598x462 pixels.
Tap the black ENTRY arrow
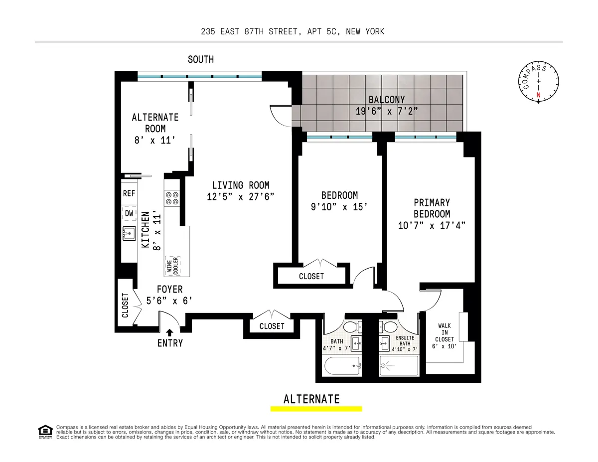coord(170,332)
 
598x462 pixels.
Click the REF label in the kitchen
coord(129,194)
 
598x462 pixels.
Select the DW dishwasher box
coord(129,213)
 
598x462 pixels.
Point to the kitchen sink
coord(130,233)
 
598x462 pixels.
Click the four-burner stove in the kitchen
coord(172,198)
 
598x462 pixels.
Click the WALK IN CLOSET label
coord(445,332)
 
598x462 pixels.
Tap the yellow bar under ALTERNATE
coord(316,409)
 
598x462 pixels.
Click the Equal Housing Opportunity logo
coord(45,432)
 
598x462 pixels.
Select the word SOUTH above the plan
coord(200,60)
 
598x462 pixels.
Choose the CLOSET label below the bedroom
coord(311,276)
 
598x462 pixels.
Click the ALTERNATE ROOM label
coord(155,129)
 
